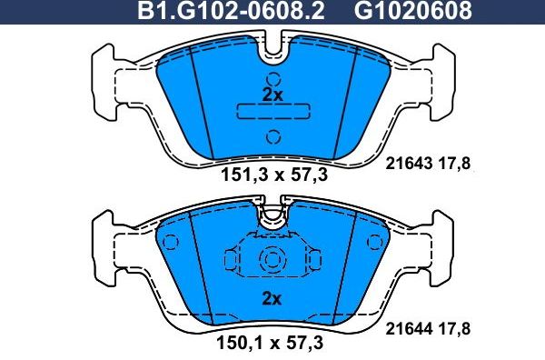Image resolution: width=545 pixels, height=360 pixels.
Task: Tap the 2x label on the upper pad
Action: (x=272, y=95)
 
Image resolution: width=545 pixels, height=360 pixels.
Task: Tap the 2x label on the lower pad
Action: (x=272, y=298)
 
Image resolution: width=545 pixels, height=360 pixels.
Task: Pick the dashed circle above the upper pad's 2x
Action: (x=272, y=73)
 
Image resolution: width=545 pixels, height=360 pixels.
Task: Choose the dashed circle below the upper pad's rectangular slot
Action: (x=272, y=137)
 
